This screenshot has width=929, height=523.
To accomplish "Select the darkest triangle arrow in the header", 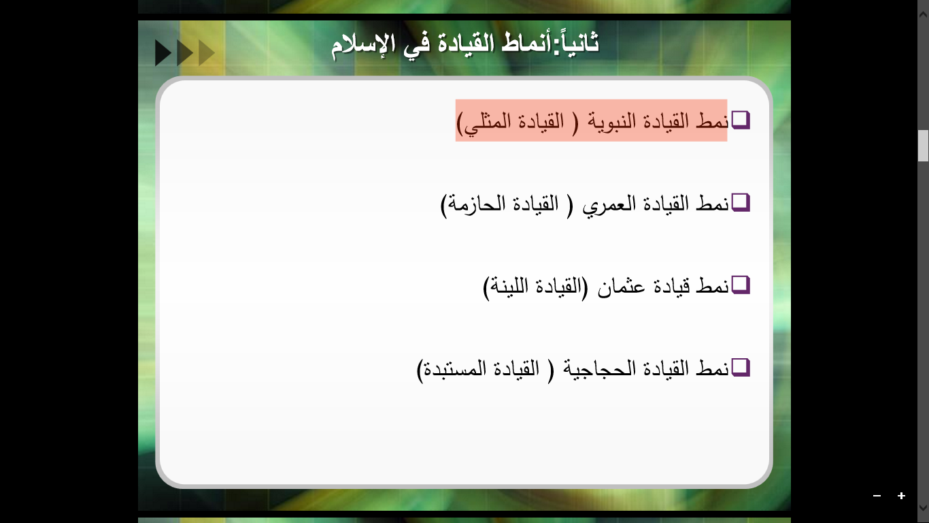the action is coord(163,52).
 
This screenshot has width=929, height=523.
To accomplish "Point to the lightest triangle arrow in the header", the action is coord(207,52).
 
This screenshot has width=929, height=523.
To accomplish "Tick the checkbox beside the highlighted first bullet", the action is coord(741,120).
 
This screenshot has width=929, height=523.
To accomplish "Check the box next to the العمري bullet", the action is coord(741,203).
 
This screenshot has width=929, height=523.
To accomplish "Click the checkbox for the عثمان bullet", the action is coord(741,285).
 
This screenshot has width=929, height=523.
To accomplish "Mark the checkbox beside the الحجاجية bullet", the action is coord(741,368).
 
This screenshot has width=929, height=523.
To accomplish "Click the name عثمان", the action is coord(621,287).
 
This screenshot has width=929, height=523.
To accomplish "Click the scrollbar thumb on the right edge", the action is coord(923,146).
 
